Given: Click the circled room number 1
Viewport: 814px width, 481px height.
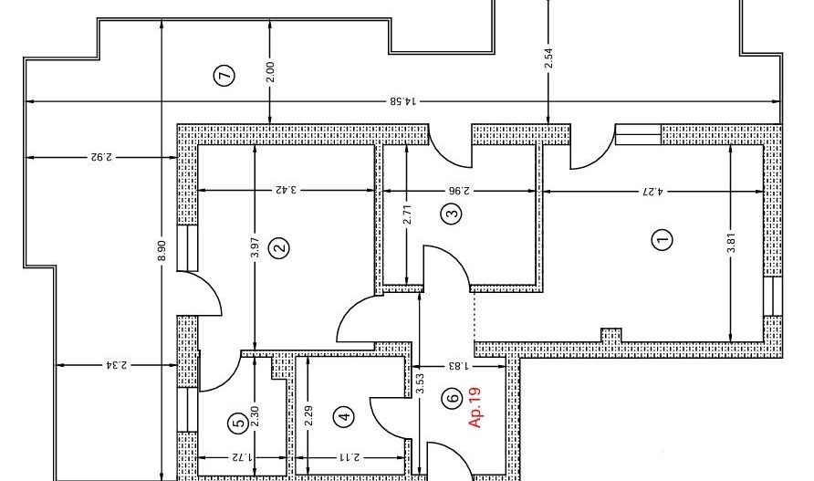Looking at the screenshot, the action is point(662,239).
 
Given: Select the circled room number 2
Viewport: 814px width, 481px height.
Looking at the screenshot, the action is point(280,247).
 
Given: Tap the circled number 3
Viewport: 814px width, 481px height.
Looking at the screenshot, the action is point(452,213).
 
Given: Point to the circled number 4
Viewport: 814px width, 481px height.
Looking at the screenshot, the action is point(344,415).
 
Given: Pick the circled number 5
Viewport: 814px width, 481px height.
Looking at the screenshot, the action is point(238,423).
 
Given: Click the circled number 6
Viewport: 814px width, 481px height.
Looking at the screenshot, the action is point(453,399).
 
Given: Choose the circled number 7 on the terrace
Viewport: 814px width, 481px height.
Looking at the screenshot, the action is point(224,76).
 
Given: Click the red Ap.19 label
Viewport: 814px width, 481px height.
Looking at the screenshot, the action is point(475,407).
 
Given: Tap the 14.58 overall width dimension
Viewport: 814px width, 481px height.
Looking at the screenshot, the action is point(402,100).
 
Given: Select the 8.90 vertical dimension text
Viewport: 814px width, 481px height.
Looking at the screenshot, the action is point(162,251).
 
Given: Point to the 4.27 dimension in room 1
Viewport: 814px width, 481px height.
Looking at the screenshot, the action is point(652,191).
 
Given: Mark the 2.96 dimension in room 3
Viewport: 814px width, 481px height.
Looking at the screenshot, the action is point(459,191).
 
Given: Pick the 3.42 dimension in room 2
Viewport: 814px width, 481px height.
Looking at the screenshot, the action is point(287,190).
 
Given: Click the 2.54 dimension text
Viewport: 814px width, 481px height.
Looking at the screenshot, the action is point(548,58).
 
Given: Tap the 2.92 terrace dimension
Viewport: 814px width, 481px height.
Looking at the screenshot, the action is point(100,156).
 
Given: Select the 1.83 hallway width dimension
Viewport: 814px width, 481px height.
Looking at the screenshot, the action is point(459,366).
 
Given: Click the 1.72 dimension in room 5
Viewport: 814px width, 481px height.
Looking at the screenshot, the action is point(243,457).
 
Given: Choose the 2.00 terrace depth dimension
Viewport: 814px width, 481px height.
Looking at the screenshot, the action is point(269,73).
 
